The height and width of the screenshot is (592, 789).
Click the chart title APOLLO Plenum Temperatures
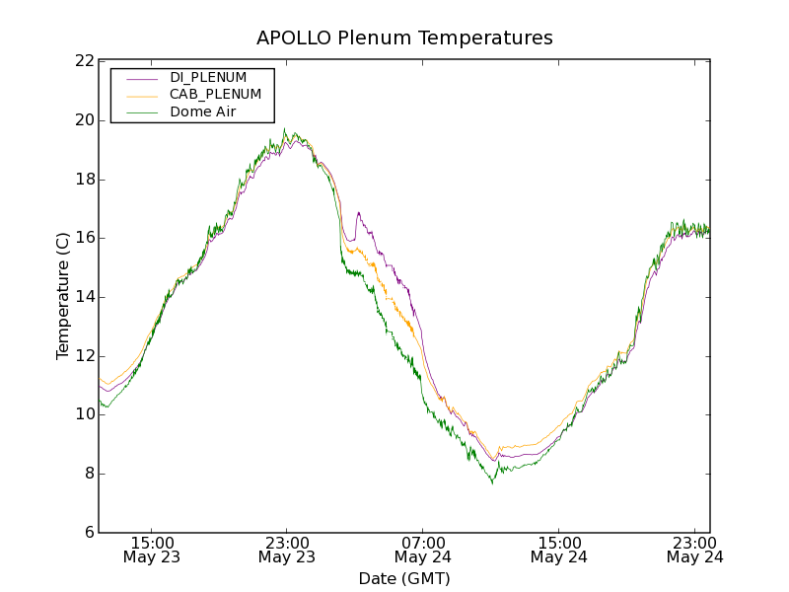pos(404,38)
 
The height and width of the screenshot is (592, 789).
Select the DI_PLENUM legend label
pos(208,77)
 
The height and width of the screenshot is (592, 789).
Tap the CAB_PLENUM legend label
pos(215,94)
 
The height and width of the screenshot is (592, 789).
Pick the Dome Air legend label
pos(202,111)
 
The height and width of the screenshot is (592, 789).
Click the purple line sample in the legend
pos(142,77)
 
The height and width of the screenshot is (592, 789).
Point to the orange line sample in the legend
pos(142,95)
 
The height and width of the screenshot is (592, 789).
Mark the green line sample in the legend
pos(142,112)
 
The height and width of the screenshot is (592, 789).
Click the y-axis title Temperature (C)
pos(63,296)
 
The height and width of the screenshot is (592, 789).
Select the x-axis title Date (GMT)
pos(404,578)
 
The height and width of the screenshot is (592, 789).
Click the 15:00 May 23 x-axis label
pos(152,550)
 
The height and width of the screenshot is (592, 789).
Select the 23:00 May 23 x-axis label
pos(287,550)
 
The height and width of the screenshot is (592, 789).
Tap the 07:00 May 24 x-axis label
pos(423,550)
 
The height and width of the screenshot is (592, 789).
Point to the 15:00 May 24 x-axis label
pos(558,550)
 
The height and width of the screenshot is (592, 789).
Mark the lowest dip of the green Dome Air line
pos(492,482)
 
